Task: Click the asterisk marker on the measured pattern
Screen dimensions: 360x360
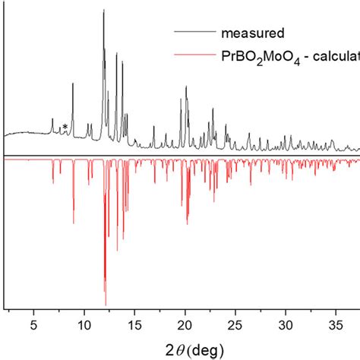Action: [65, 127]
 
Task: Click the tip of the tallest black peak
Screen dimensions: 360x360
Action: [103, 10]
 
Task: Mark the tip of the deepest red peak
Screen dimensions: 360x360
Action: [106, 304]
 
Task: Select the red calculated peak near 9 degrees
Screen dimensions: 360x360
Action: [74, 223]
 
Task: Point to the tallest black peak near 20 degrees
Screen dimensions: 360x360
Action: [186, 87]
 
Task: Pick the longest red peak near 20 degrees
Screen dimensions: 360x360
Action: [187, 224]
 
